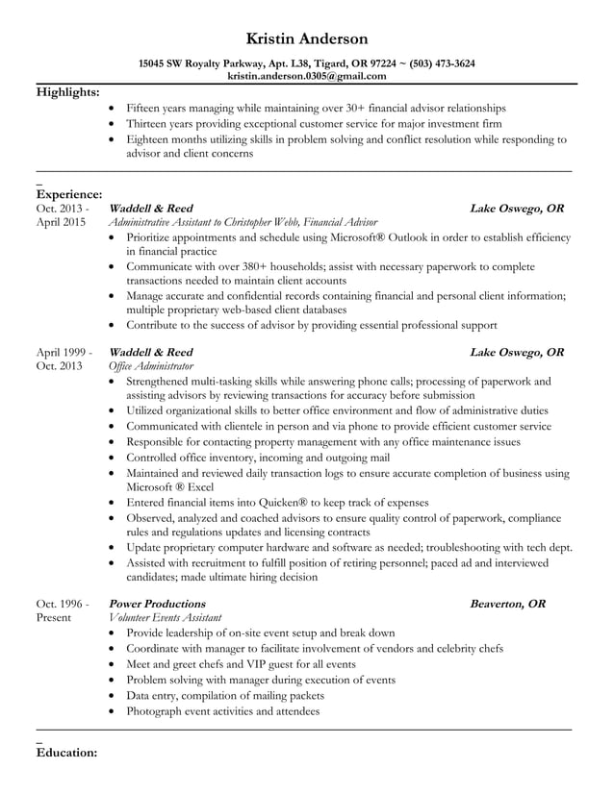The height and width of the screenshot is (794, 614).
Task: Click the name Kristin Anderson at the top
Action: click(307, 38)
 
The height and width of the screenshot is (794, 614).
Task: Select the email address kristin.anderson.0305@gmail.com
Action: click(307, 75)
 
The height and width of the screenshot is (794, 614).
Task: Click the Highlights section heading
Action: click(67, 92)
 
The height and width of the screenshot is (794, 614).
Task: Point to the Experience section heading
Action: click(69, 194)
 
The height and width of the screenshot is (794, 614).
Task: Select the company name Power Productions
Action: click(158, 604)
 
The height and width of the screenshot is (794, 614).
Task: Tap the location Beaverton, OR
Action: click(507, 604)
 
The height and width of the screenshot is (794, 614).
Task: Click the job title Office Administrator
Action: click(151, 366)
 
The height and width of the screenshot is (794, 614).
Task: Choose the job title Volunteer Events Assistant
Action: click(166, 617)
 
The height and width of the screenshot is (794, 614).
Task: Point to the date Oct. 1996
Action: click(63, 604)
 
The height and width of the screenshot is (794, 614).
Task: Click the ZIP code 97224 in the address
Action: click(363, 63)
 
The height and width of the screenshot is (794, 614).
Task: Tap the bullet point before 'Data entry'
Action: click(115, 696)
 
